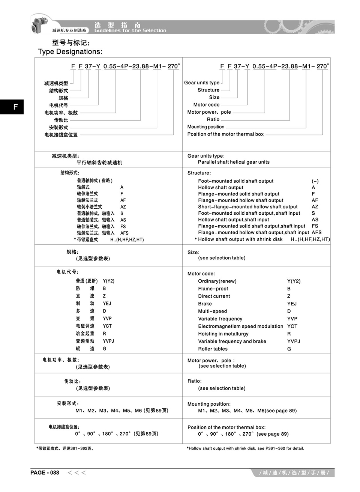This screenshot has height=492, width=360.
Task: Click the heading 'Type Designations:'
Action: [70, 52]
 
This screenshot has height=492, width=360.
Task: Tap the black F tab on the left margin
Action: [15, 107]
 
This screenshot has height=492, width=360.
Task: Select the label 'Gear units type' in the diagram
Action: [202, 83]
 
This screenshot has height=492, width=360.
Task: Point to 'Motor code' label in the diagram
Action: [206, 105]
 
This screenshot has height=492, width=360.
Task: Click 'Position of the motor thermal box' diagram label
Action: [225, 134]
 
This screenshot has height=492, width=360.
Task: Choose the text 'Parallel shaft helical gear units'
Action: [234, 162]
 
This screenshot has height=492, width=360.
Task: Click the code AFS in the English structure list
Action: [316, 233]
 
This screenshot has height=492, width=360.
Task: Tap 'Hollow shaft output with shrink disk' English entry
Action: [240, 239]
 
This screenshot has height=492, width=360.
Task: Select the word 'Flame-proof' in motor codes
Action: [213, 289]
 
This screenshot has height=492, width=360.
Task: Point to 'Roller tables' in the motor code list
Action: [213, 349]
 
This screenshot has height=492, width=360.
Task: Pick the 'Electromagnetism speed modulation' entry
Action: [240, 326]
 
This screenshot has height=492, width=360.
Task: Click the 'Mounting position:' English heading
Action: [209, 404]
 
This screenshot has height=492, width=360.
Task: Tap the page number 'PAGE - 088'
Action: [45, 473]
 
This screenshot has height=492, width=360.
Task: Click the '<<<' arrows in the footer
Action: [76, 473]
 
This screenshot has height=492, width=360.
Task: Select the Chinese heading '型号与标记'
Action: [71, 42]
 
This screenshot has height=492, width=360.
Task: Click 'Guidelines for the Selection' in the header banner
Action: [130, 30]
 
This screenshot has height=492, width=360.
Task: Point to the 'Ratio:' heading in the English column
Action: [194, 381]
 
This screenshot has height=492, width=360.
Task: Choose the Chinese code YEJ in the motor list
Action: [107, 303]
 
